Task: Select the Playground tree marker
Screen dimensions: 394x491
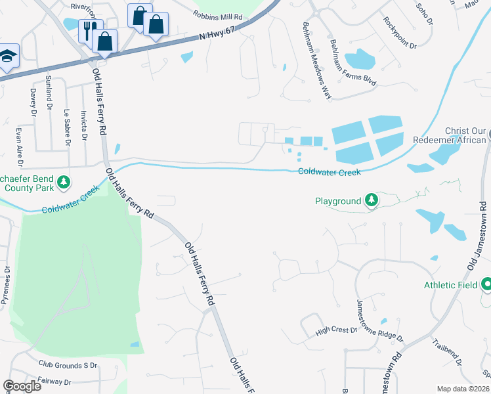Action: tap(372, 200)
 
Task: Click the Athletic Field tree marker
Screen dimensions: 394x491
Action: tap(486, 284)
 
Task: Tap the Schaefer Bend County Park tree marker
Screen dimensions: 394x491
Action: tap(63, 181)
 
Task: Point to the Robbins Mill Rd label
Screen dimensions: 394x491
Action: tap(218, 14)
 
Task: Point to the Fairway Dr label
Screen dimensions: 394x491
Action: tap(55, 382)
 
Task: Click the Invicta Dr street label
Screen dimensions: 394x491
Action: tap(83, 125)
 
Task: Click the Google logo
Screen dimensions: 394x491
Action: tap(22, 386)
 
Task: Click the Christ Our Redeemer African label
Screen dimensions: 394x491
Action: tap(450, 135)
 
